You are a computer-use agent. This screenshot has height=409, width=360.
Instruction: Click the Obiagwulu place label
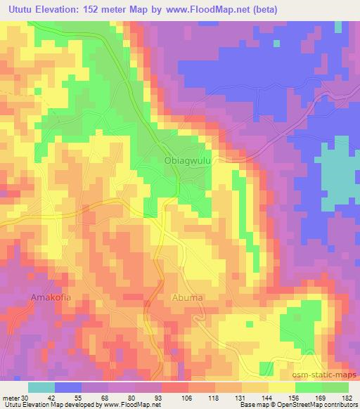tap(188, 160)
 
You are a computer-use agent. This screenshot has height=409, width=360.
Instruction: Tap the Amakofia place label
tap(51, 298)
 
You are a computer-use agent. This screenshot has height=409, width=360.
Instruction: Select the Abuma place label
tap(188, 298)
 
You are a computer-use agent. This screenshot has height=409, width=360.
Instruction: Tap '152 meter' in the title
tap(109, 10)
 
